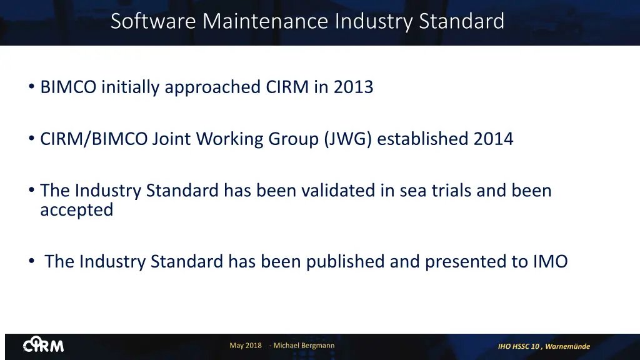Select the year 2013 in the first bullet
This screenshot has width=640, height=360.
point(353,87)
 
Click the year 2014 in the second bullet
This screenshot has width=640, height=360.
point(493,138)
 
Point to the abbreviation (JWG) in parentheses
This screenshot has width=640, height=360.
point(347,139)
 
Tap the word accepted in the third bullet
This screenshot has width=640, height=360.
point(77,210)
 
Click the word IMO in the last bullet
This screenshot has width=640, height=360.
point(550,261)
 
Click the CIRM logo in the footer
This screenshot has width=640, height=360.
point(43,346)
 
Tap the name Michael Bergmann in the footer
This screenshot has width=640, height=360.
point(304,346)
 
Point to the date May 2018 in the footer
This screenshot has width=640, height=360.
point(246,346)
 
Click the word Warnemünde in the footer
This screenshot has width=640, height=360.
point(567,346)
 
